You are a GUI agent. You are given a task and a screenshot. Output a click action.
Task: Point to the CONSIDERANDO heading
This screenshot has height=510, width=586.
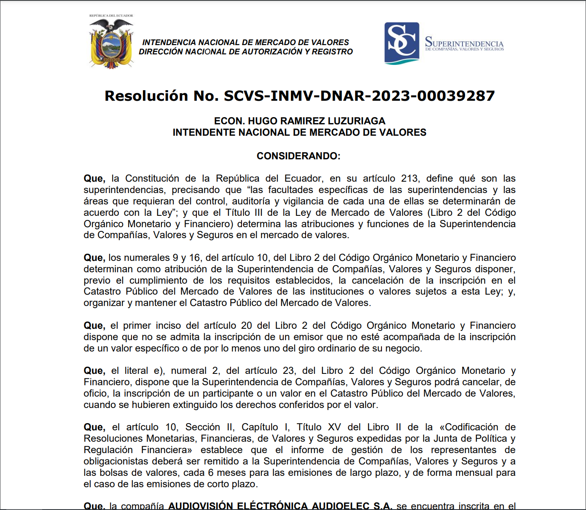298,156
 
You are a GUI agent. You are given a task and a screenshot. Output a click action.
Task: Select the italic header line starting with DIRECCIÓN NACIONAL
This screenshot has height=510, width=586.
246,52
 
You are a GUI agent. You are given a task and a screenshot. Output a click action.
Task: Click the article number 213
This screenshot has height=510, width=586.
409,179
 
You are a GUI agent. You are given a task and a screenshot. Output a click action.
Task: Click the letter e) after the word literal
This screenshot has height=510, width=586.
159,371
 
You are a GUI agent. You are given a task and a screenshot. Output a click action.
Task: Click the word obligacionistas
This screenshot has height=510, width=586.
117,462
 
